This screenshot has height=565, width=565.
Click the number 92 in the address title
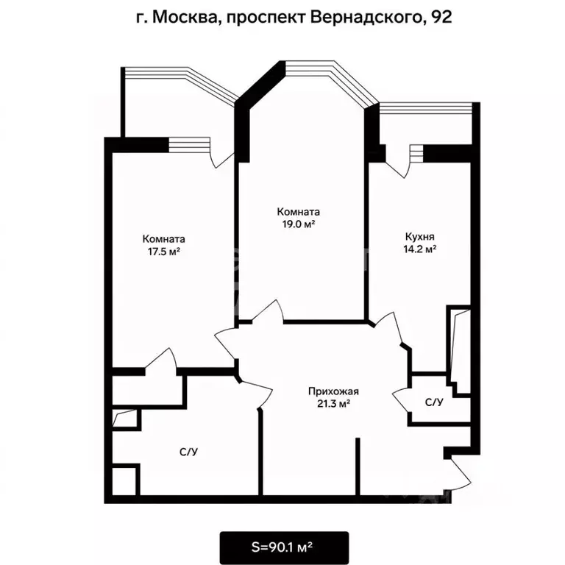(x=441, y=17)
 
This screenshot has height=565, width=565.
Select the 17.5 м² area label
(x=164, y=252)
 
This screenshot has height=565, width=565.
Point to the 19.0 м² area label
(x=299, y=224)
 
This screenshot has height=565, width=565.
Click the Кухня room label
(x=420, y=236)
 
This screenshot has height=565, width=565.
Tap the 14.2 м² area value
(x=420, y=249)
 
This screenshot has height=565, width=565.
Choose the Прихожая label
(x=333, y=391)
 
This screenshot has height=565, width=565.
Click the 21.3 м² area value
(x=333, y=404)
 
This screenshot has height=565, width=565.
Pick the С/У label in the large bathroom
(x=189, y=452)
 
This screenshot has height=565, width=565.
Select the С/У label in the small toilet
(x=434, y=402)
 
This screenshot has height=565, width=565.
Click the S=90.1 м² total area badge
(x=284, y=547)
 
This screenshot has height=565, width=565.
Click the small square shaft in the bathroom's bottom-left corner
(x=124, y=480)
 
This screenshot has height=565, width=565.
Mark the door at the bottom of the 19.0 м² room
(x=267, y=310)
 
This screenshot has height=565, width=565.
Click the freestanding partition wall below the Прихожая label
(x=358, y=467)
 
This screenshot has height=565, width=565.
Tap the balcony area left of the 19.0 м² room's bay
(x=173, y=104)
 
